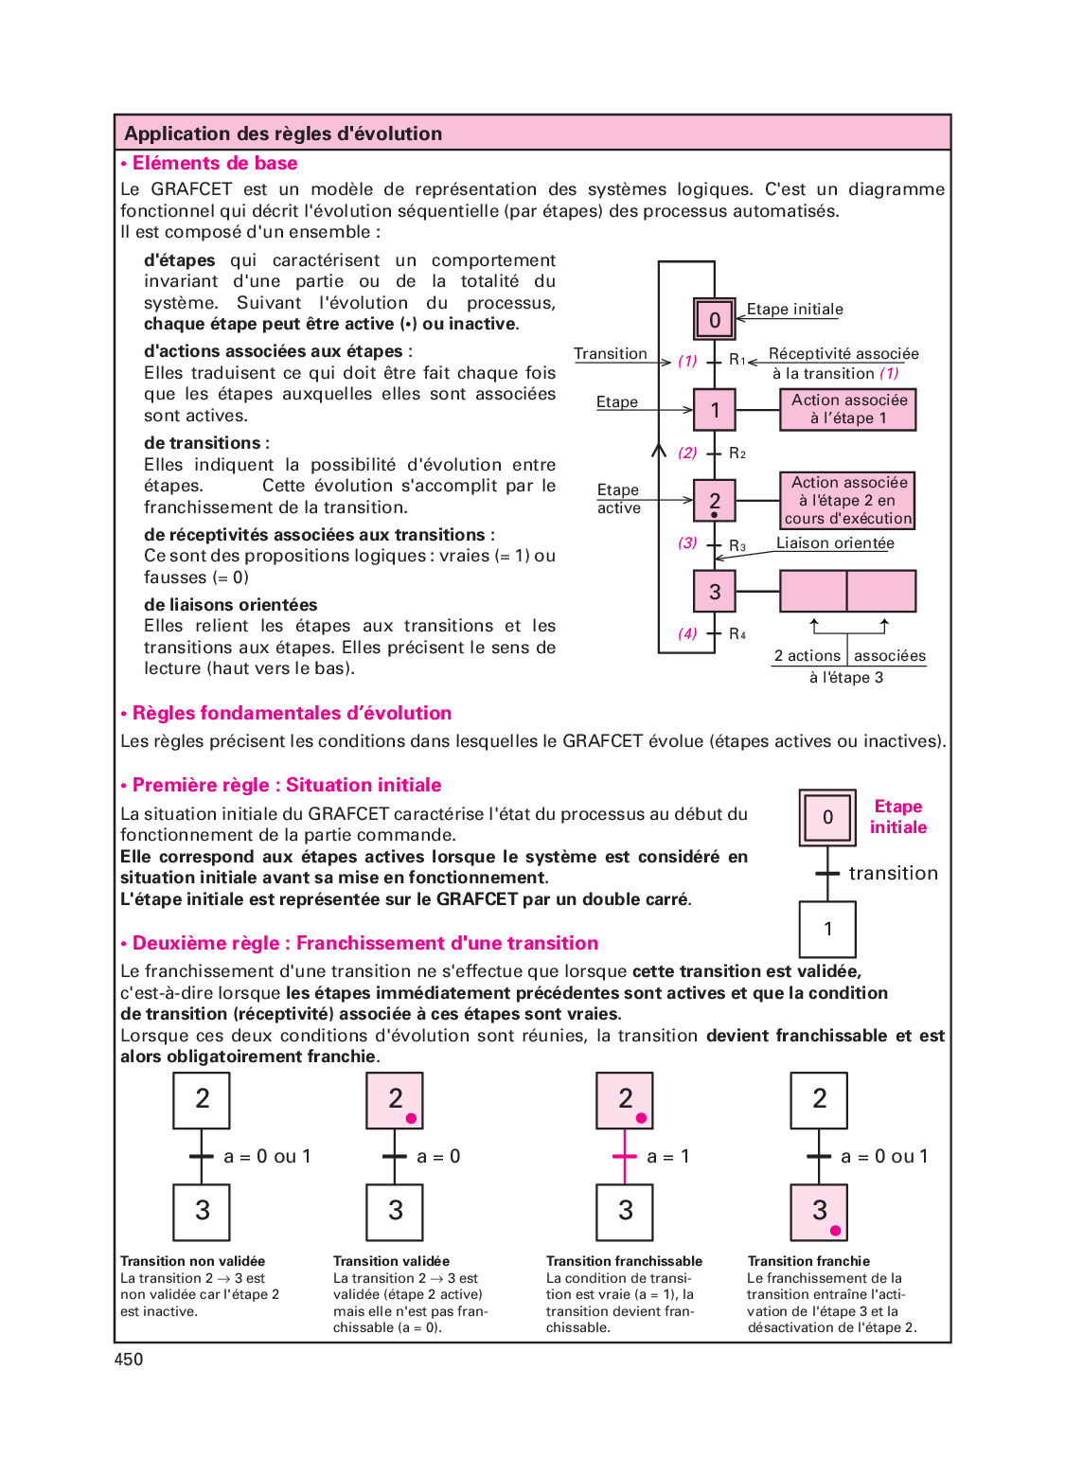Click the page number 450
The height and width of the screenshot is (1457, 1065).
point(129,1359)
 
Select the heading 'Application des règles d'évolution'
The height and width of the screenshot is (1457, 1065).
point(283,133)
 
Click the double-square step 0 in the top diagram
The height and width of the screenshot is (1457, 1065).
point(715,320)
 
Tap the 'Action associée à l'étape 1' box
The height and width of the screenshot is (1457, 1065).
point(848,409)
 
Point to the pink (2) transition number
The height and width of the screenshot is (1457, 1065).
point(687,453)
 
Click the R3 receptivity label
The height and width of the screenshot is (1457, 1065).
point(737,545)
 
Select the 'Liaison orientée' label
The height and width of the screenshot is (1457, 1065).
point(835,543)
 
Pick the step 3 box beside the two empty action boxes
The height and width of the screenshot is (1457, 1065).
point(715,592)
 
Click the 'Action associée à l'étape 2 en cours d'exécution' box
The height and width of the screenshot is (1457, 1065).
point(848,500)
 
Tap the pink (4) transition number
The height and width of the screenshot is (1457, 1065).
point(687,633)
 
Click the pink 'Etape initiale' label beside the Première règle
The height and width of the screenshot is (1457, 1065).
point(898,817)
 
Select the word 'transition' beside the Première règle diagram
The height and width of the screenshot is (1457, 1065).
point(893,873)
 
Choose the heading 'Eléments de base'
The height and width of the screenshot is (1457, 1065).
point(215,164)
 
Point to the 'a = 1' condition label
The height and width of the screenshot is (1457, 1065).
point(668,1156)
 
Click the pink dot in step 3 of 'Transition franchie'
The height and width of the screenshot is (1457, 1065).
point(835,1231)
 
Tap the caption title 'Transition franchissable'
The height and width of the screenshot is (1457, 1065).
point(624,1261)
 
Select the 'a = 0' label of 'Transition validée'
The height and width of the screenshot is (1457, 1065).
point(438,1156)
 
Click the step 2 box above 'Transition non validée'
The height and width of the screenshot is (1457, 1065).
point(202,1100)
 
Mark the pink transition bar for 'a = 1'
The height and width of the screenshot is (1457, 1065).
point(625,1156)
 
